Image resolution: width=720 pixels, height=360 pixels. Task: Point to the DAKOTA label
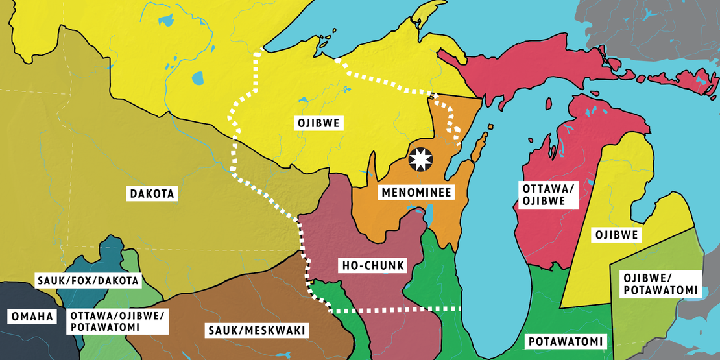click(x=153, y=193)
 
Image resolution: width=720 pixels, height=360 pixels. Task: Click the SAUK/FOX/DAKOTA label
click(x=88, y=280)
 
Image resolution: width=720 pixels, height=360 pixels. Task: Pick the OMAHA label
click(x=30, y=317)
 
